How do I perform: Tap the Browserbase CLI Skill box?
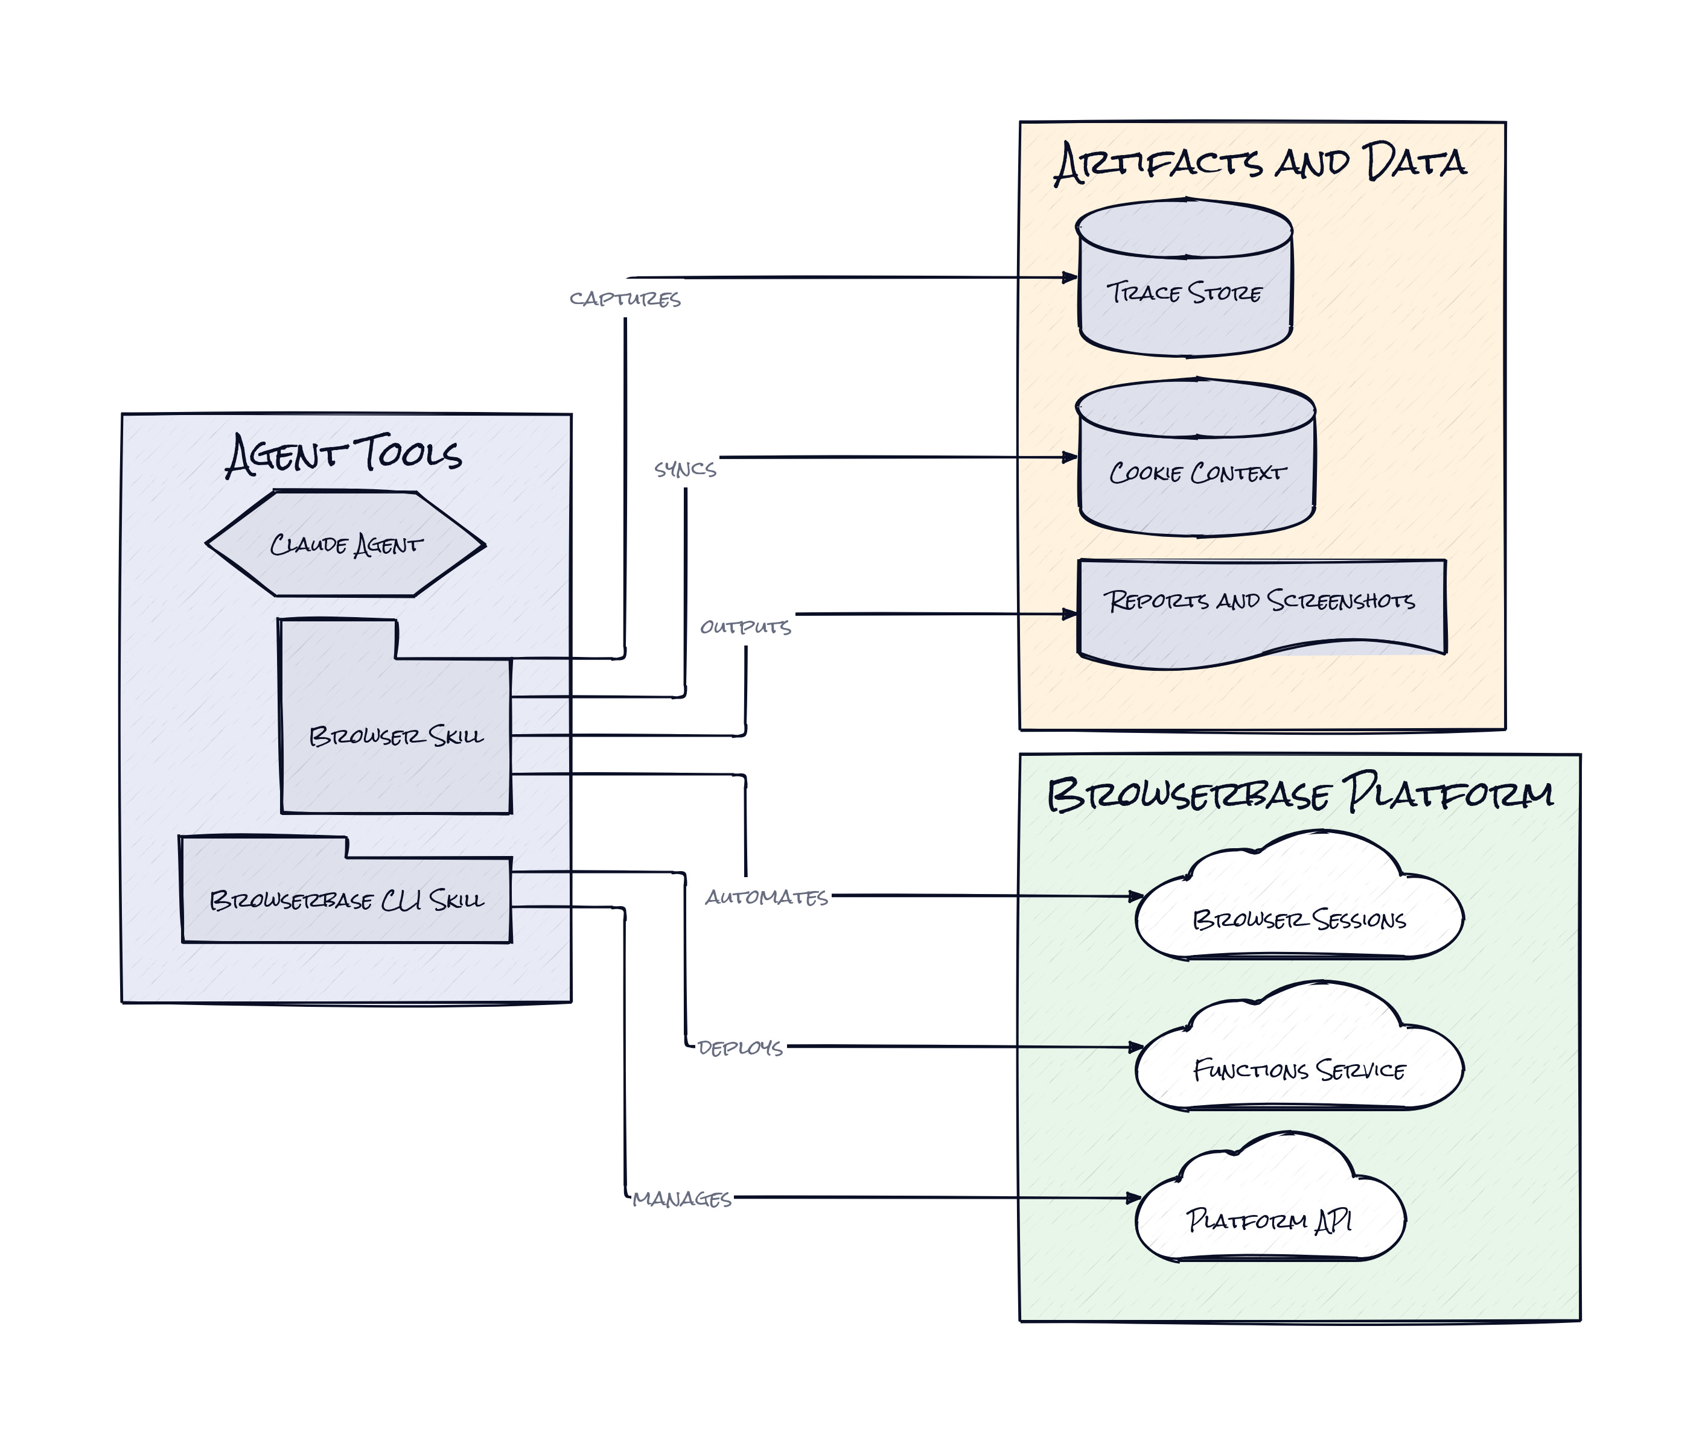click(346, 890)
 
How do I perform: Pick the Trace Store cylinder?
click(1185, 278)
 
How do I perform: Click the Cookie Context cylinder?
click(1196, 457)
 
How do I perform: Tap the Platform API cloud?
click(1270, 1197)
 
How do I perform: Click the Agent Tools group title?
click(343, 455)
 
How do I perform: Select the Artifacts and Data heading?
click(1260, 163)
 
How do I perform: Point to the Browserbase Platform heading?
click(1300, 793)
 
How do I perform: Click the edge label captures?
click(625, 299)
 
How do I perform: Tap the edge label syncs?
click(685, 469)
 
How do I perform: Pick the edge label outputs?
click(745, 627)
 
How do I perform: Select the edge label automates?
click(767, 898)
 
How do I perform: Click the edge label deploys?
click(741, 1048)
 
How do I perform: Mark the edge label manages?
click(681, 1199)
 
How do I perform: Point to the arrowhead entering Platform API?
click(1135, 1197)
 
